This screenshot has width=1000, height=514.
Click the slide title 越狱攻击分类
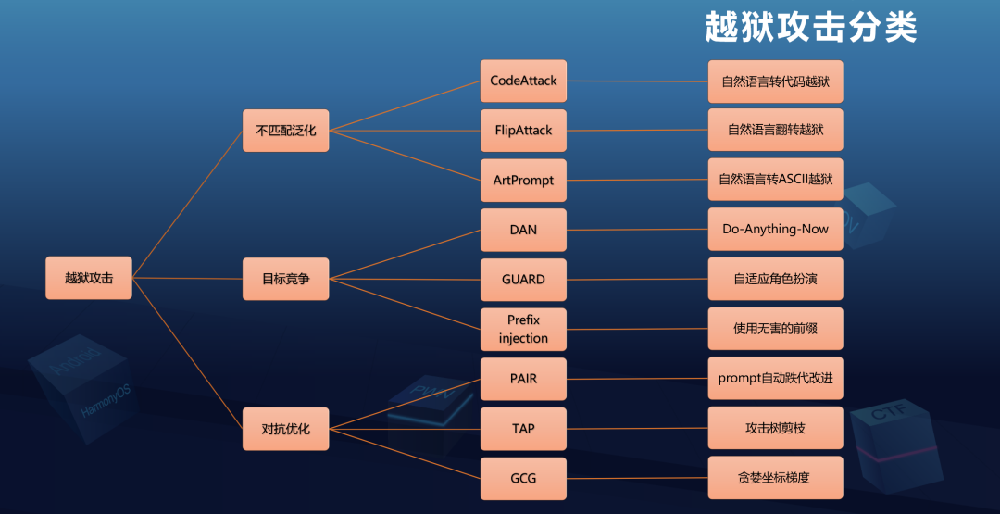810,28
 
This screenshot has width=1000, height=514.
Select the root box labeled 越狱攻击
89,278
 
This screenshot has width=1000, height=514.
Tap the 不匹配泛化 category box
285,131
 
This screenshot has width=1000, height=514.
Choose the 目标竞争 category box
285,279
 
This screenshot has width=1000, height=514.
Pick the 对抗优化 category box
285,429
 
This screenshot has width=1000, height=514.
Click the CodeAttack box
523,81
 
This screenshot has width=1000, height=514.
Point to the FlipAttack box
523,131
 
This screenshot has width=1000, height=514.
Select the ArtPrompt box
523,180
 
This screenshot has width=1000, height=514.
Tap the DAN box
523,230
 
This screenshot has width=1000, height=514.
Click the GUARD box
523,279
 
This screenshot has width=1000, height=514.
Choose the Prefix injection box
523,329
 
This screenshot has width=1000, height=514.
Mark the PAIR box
523,379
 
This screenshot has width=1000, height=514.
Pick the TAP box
523,429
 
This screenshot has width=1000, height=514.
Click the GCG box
523,479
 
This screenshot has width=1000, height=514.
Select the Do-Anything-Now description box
775,229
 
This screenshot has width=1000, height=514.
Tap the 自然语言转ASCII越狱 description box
775,179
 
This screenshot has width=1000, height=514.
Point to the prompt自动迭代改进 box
775,378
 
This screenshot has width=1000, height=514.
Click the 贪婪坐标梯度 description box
775,478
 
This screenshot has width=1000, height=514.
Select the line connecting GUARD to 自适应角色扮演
637,279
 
